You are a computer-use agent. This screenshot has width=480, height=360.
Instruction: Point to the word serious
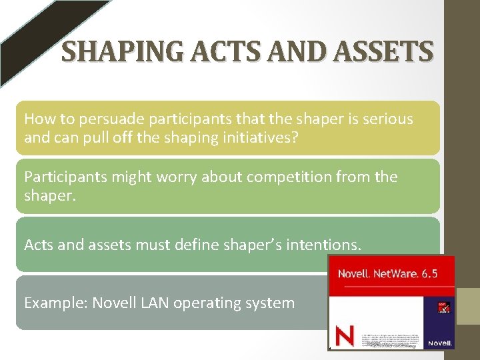point(384,119)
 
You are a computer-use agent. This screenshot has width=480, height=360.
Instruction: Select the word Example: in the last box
point(55,303)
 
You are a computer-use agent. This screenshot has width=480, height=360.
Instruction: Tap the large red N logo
point(344,335)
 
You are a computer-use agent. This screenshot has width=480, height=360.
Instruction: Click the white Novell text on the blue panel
point(441,343)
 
